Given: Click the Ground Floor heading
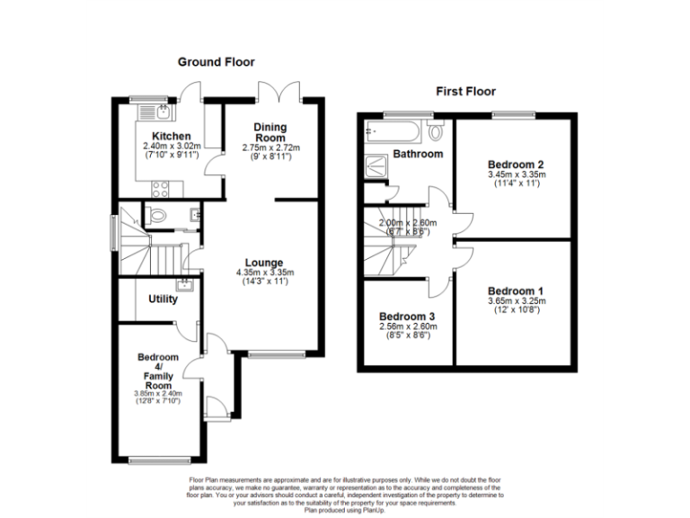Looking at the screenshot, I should coord(216,62).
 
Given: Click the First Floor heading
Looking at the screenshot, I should coord(465,91).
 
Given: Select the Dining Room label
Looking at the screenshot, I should coord(270,132).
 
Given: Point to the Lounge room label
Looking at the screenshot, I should coord(265,263).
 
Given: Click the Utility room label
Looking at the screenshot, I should coord(163,299).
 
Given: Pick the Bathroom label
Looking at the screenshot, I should coord(418,154).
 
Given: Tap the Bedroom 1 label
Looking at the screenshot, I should coord(515,291).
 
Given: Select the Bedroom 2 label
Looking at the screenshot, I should coord(516,165).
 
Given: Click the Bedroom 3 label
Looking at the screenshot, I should coord(407,317).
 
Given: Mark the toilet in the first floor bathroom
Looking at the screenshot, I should coord(436,132).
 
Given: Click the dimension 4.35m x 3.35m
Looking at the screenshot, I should coord(265,272).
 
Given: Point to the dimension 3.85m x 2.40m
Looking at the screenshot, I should coord(159,392).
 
